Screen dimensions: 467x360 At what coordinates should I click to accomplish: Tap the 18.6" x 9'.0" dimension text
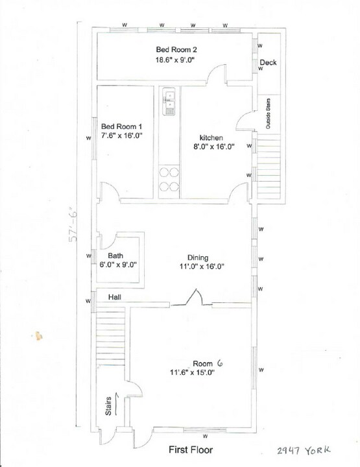(175, 60)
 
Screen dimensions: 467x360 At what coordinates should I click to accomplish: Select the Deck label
(268, 63)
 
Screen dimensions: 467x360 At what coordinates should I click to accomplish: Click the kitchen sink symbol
(169, 101)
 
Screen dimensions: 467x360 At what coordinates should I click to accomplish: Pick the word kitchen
(211, 138)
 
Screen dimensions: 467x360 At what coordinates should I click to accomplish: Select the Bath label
(115, 256)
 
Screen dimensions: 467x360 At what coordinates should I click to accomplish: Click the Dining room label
(198, 257)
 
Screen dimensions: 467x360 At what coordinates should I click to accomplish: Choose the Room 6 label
(207, 363)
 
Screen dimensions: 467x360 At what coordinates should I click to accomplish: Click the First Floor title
(191, 449)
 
